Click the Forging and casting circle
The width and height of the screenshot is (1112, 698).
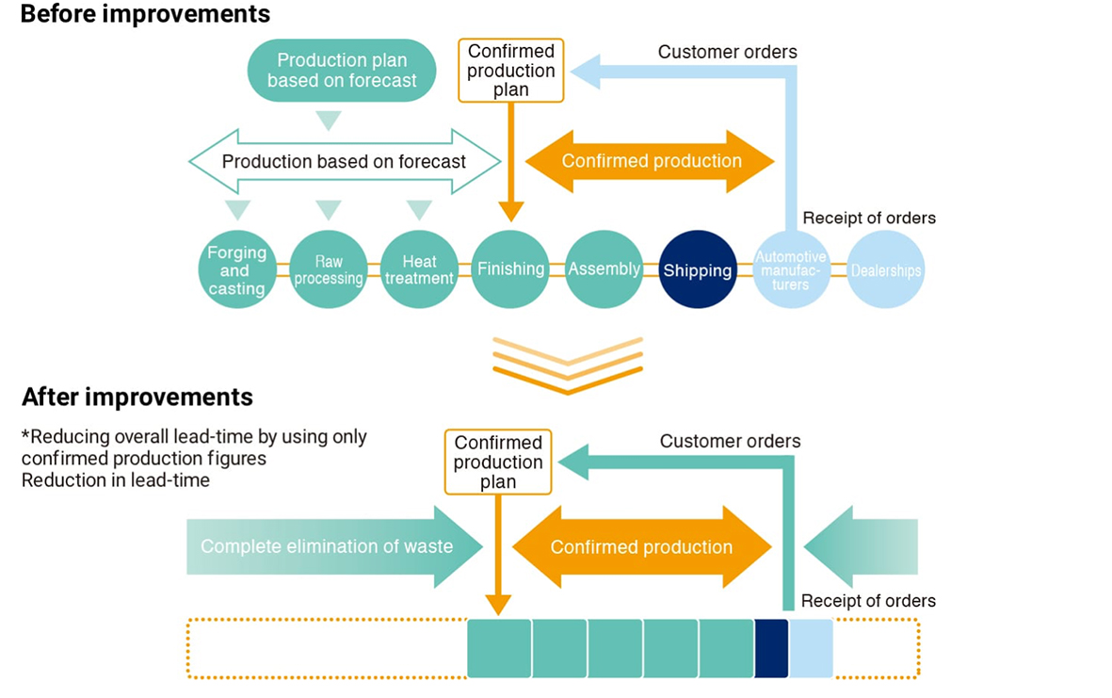coord(237,269)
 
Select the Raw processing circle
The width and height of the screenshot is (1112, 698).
coord(327,269)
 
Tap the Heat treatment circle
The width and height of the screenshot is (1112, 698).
coord(419,269)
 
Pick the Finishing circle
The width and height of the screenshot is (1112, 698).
coord(510,269)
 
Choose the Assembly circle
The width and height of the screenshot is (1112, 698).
coord(604,269)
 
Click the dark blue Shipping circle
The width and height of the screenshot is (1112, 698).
coord(697,270)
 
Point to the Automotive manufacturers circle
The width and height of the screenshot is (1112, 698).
coord(791,269)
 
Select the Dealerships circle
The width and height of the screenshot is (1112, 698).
coord(885,269)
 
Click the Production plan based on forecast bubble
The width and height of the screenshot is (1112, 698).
coord(342,71)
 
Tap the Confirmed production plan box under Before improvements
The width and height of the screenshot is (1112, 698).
coord(510,71)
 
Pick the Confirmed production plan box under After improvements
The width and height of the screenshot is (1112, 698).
coord(498,462)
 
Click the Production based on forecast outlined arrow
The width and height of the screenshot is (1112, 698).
coord(345,161)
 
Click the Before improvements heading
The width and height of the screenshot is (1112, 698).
coord(146,15)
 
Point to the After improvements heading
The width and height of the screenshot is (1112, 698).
coord(137,397)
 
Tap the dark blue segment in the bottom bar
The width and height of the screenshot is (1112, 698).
coord(771,648)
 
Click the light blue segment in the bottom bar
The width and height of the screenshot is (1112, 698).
coord(811,648)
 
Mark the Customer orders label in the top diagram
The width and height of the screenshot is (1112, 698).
coord(727,52)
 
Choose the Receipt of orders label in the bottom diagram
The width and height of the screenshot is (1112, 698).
coord(868,601)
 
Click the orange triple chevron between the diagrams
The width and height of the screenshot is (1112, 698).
coord(568,365)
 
